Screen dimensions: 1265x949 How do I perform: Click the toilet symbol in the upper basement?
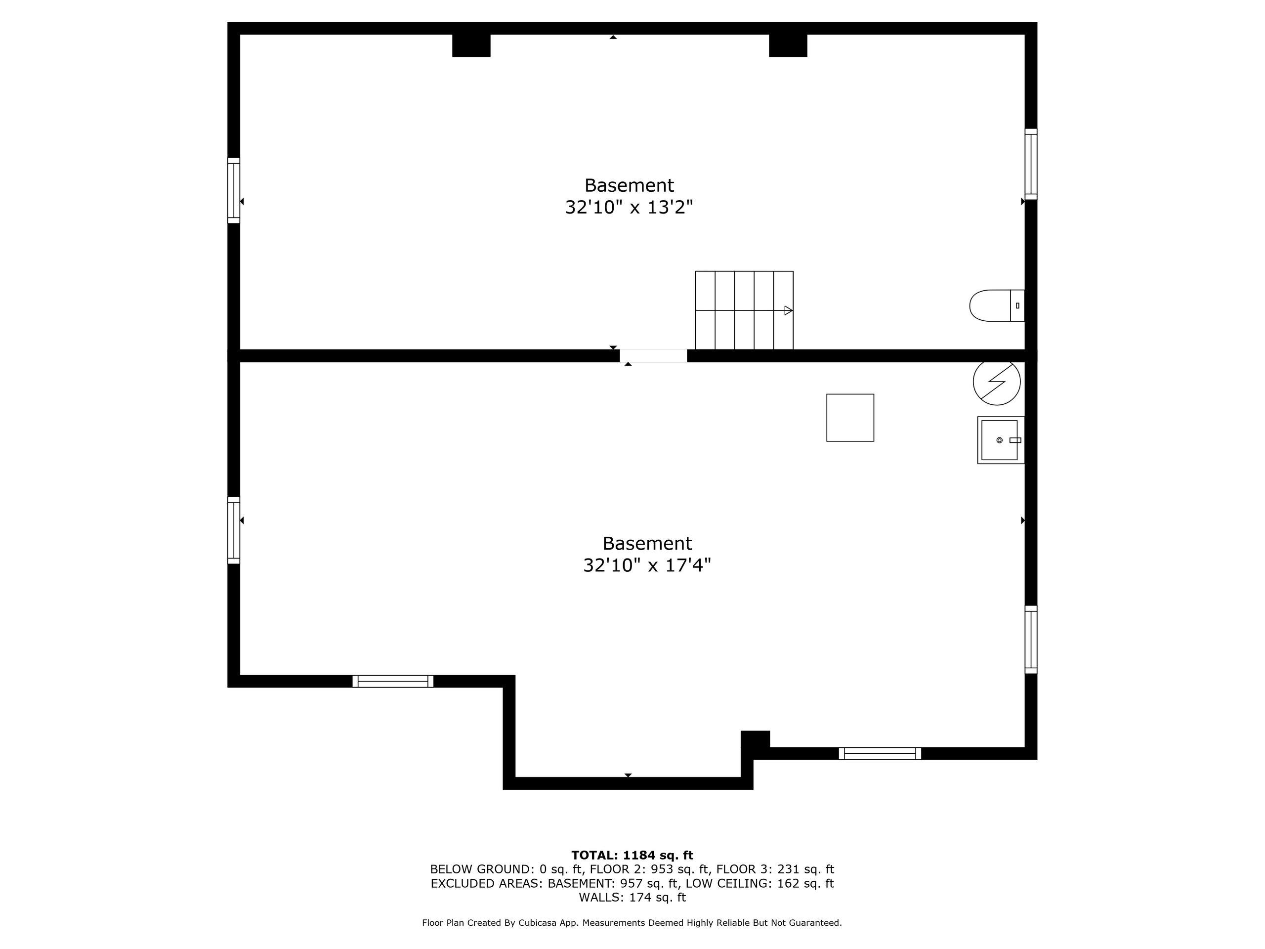[997, 305]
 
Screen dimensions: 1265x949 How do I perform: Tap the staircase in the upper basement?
[744, 310]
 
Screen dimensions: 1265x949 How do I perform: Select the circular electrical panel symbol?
[997, 382]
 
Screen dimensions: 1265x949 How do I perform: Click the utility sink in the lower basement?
[1000, 440]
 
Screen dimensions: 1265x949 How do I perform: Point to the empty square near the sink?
[850, 418]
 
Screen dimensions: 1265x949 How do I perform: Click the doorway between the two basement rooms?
[653, 355]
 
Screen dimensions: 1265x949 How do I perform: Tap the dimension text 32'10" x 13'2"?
[629, 207]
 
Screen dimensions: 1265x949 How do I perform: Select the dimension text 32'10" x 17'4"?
[647, 565]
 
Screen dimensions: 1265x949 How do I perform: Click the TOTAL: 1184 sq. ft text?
[632, 855]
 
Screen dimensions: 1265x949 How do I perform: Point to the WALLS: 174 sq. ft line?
[632, 898]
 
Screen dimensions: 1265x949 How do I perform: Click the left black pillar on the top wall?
[471, 45]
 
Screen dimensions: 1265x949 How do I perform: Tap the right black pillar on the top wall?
[788, 45]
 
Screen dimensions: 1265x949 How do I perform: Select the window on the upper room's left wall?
[234, 190]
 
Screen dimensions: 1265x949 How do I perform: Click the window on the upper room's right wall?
[1030, 164]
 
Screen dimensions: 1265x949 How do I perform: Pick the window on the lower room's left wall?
[234, 530]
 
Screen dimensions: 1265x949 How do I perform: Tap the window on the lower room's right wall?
[1030, 640]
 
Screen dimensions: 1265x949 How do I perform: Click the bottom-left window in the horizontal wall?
[393, 681]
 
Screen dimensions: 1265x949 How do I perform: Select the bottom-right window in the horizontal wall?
[880, 753]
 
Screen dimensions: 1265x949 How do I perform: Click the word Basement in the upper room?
[629, 185]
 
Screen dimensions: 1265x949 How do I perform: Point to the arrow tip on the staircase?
[792, 310]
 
